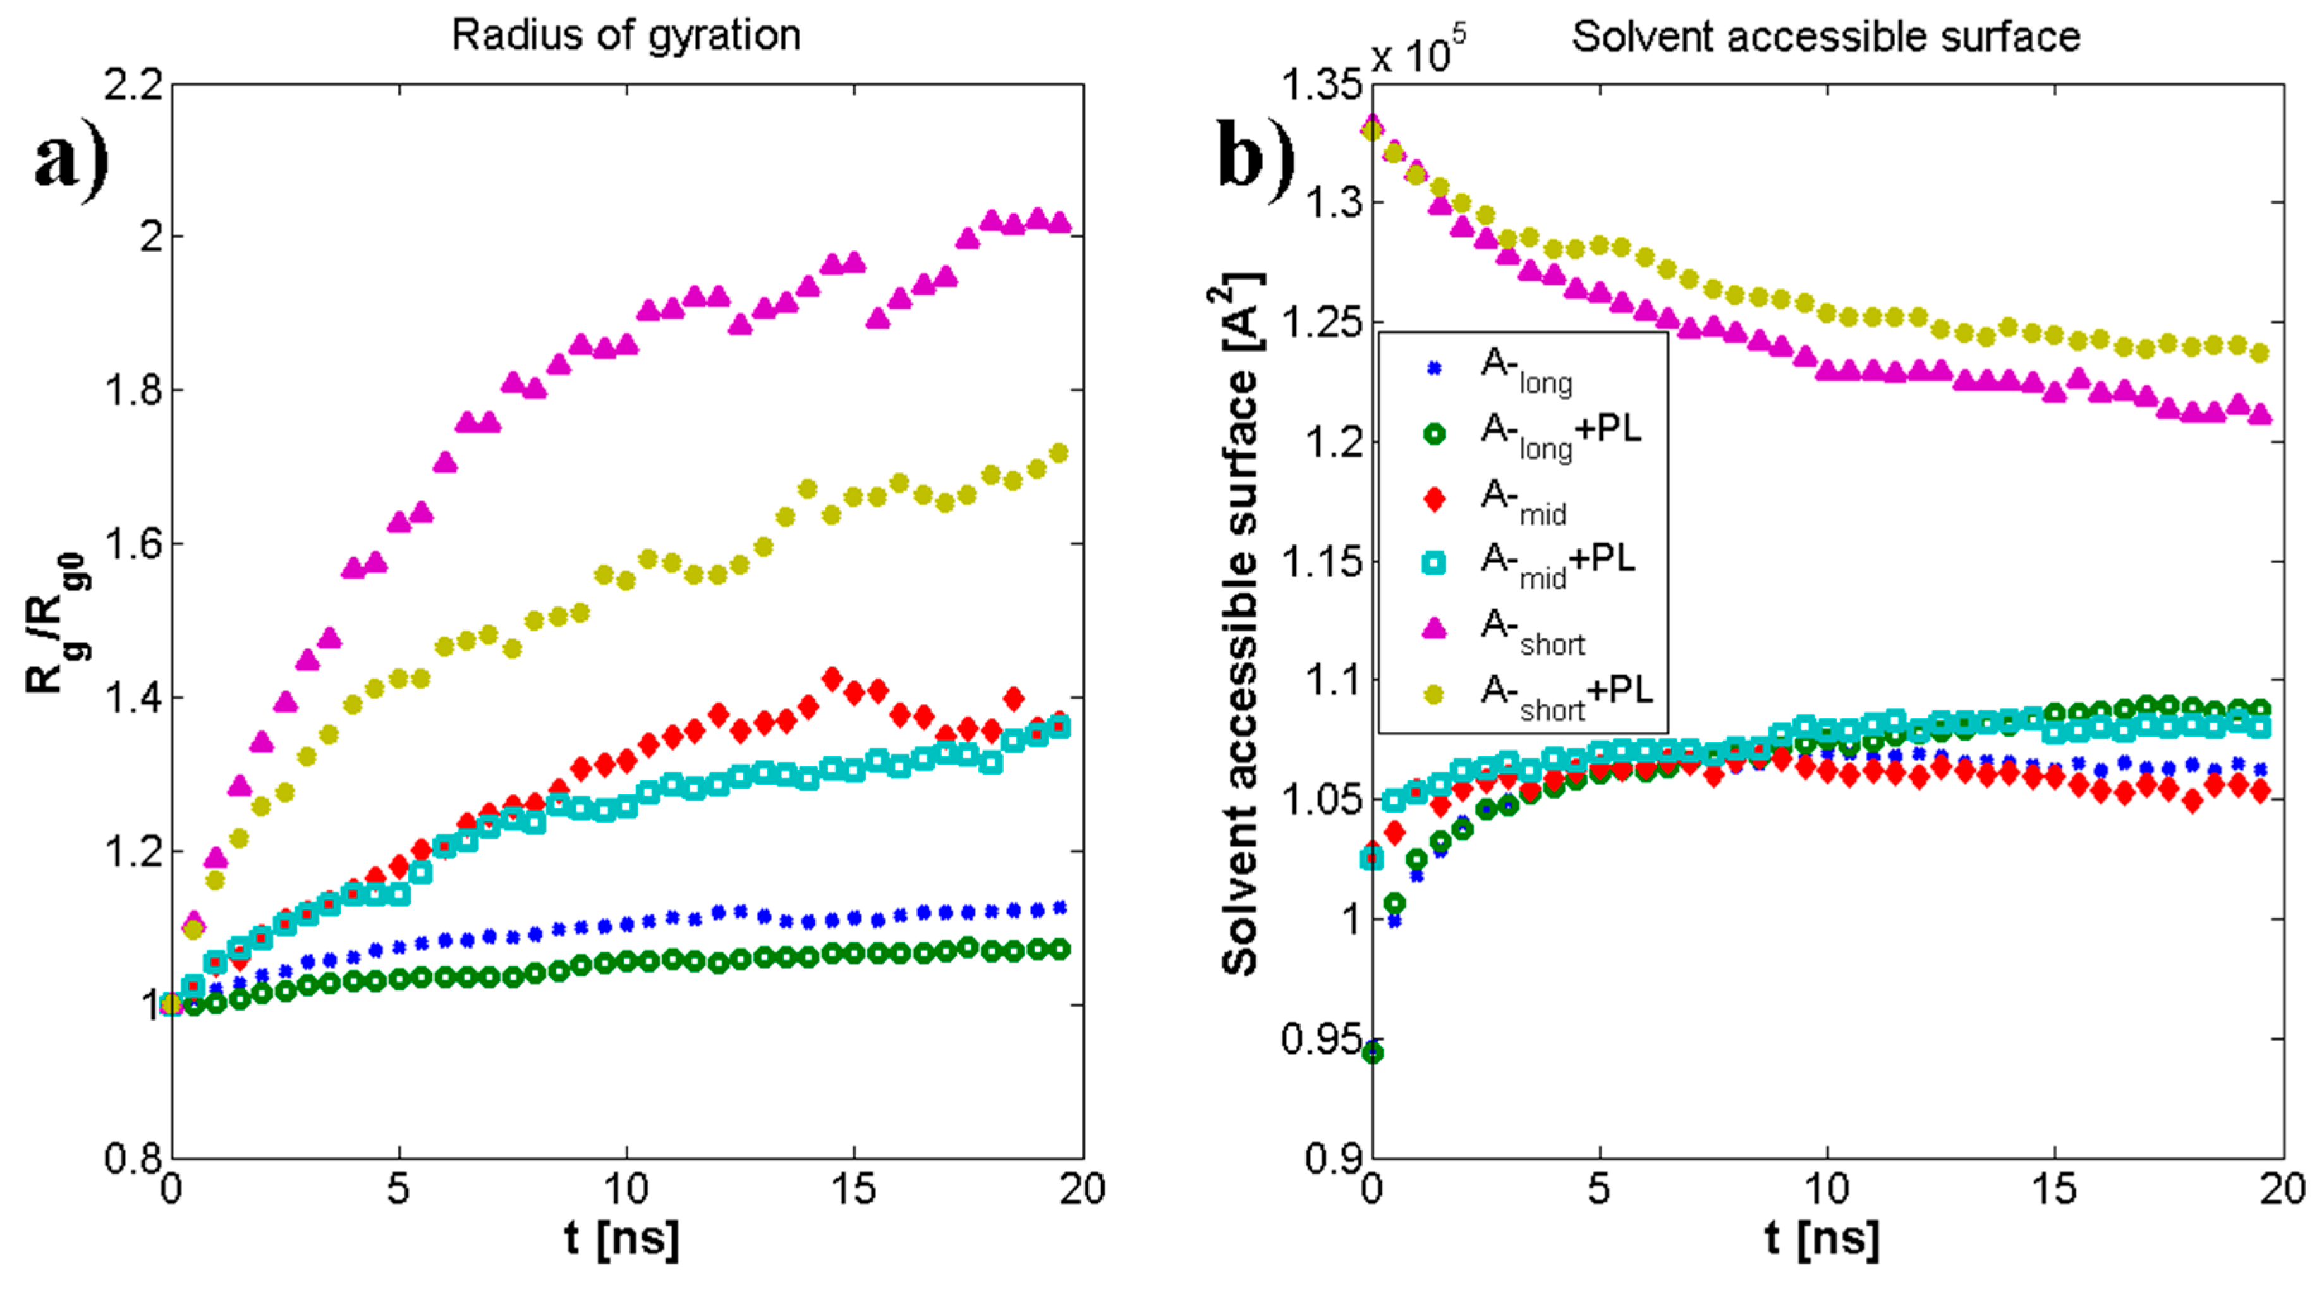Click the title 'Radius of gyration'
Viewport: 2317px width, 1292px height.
pyautogui.click(x=625, y=37)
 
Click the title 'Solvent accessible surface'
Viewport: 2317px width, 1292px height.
pyautogui.click(x=1825, y=38)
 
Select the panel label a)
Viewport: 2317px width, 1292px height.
pyautogui.click(x=71, y=159)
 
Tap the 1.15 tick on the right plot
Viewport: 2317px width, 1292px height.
pyautogui.click(x=1320, y=562)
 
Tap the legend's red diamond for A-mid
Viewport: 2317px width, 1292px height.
pyautogui.click(x=1435, y=498)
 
